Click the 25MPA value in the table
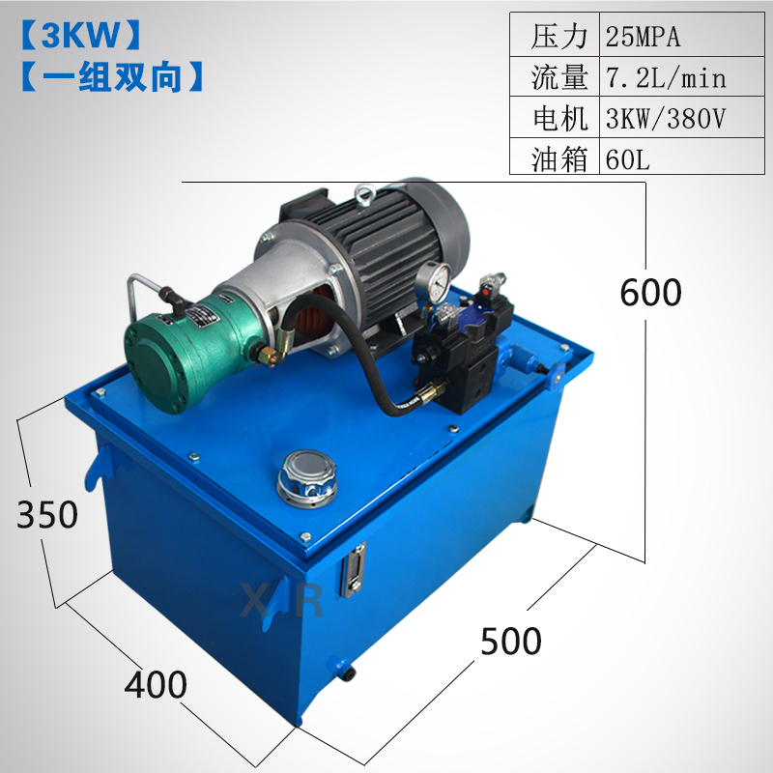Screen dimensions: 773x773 (643, 37)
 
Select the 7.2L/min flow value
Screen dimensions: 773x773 (666, 78)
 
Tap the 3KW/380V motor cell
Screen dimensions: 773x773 (666, 118)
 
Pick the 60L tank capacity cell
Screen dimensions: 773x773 (627, 158)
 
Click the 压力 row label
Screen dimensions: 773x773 (559, 37)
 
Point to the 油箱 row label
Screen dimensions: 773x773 (559, 159)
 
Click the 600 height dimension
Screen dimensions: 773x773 (650, 293)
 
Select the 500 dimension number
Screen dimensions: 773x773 (511, 642)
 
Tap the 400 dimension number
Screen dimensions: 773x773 (156, 685)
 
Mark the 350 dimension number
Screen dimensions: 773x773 (47, 515)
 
